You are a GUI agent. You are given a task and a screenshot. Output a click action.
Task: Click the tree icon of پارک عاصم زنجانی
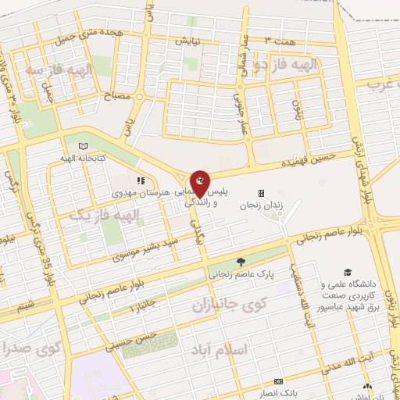click(241, 262)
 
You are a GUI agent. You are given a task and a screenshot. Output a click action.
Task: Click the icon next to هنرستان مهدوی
click(141, 180)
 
